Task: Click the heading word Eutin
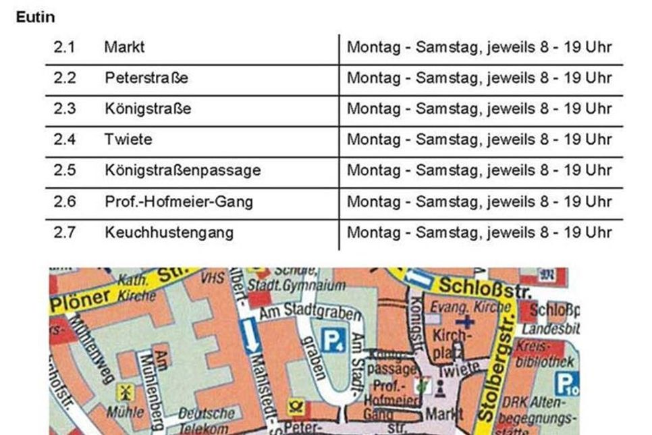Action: click(x=35, y=16)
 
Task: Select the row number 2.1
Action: click(x=65, y=48)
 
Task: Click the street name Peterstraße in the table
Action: click(x=146, y=78)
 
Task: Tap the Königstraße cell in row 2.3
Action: click(x=147, y=109)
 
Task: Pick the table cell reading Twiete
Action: click(x=128, y=140)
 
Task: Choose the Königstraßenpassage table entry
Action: click(x=182, y=170)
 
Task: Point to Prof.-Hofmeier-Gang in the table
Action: click(x=179, y=201)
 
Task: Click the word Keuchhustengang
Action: click(x=169, y=232)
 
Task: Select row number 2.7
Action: click(x=65, y=232)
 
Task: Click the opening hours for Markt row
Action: click(x=479, y=48)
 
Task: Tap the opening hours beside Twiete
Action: click(x=479, y=140)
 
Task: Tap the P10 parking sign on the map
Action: click(x=566, y=384)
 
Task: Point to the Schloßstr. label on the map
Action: click(x=484, y=287)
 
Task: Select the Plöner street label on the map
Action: click(x=80, y=298)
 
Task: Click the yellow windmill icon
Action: click(x=124, y=392)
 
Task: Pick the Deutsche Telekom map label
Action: click(x=206, y=419)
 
